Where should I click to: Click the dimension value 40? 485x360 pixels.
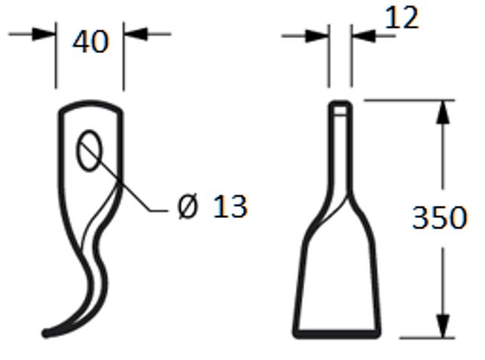tap(90, 41)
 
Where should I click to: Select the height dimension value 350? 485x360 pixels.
tap(439, 218)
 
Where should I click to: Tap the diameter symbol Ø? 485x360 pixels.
tap(186, 207)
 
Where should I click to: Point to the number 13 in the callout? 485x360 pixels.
tap(229, 207)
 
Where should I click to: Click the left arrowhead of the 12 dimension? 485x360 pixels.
tap(321, 36)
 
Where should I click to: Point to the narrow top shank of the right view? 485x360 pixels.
tap(339, 147)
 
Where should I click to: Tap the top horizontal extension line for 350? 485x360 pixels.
tap(403, 99)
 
